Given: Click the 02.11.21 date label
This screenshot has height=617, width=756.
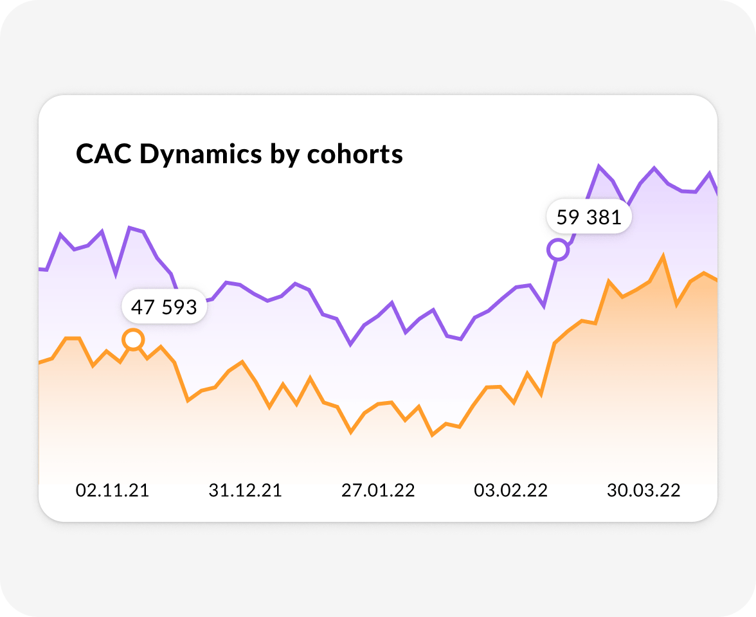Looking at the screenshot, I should (113, 490).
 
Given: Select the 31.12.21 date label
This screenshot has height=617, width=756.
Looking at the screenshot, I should (245, 490).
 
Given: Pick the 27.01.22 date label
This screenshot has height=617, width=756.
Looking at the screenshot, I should (378, 490).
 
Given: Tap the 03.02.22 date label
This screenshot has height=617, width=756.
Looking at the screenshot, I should (510, 490).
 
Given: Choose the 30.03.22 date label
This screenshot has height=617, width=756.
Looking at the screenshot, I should (643, 490).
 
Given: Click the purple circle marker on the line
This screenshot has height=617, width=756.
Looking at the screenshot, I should (558, 249).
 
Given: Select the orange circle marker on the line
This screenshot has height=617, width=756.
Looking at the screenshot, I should (133, 339).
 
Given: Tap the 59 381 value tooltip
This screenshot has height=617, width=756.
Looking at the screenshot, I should (589, 217).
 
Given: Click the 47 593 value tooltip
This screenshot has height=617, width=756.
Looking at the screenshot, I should (164, 307).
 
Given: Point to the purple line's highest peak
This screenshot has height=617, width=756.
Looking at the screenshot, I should (598, 166).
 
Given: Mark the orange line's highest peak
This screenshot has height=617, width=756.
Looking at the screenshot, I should (662, 256).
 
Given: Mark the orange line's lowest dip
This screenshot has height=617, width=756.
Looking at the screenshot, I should (433, 435).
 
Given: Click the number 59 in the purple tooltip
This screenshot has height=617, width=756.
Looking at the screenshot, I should (567, 217).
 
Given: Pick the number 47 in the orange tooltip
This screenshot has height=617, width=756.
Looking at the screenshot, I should (141, 307).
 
